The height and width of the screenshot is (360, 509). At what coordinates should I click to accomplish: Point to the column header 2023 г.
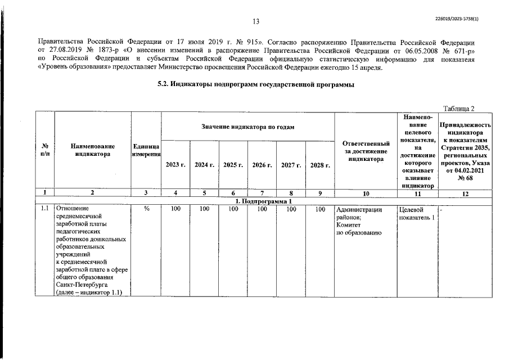[x=176, y=165]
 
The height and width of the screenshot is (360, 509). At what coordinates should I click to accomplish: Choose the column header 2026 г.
[x=262, y=165]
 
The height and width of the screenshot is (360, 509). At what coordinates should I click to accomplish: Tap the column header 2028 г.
[x=320, y=165]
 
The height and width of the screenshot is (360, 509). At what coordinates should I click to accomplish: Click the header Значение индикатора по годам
[x=248, y=127]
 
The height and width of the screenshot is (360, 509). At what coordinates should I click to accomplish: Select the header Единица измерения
[x=146, y=150]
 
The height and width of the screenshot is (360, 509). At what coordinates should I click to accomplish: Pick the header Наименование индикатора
[x=93, y=150]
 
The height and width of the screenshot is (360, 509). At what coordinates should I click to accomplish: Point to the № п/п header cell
[x=44, y=150]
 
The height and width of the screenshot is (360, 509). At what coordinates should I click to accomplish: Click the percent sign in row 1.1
[x=146, y=209]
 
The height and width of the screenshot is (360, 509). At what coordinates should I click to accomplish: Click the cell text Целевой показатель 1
[x=416, y=214]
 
